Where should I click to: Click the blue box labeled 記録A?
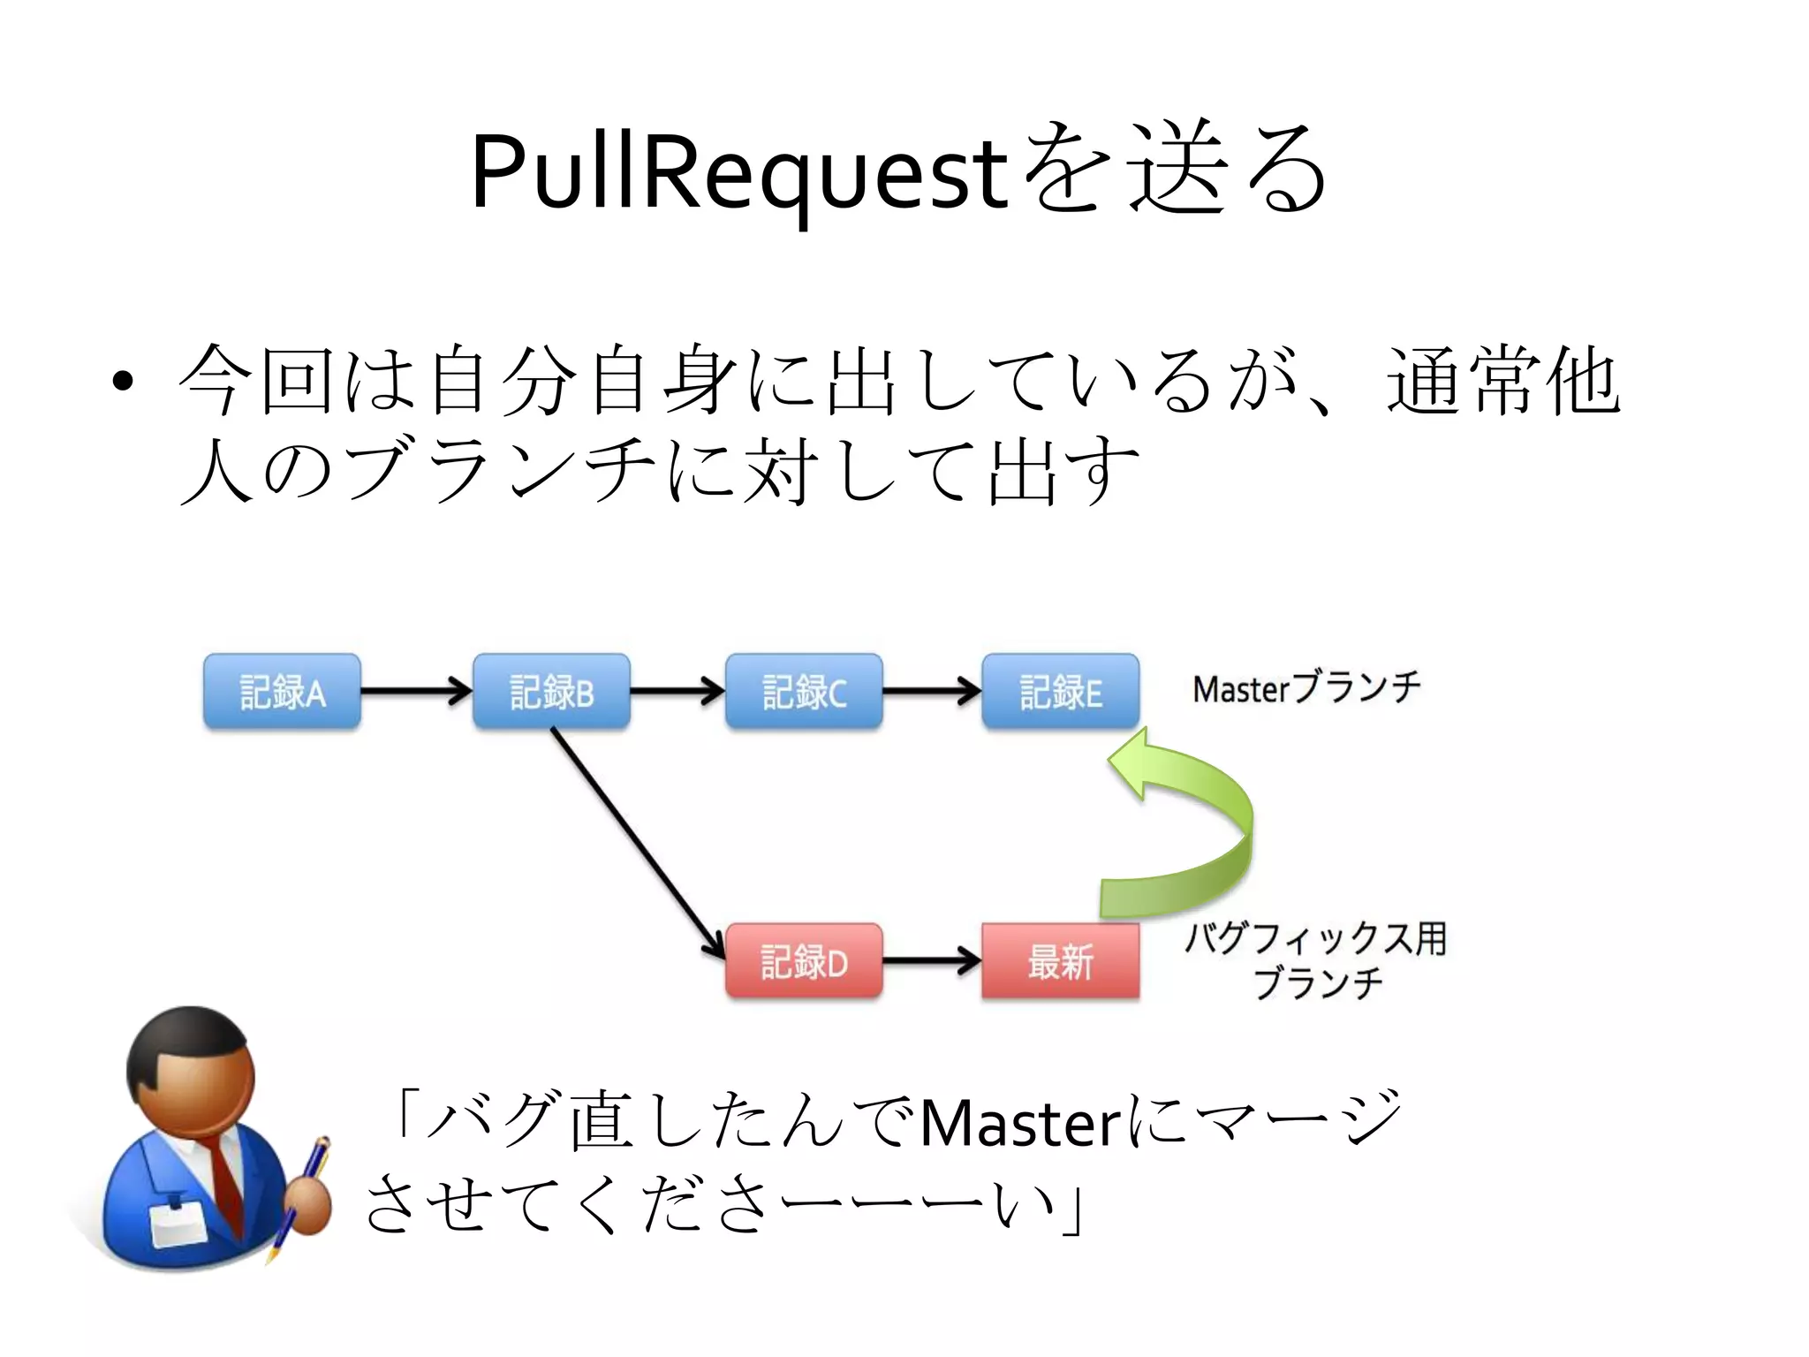click(x=282, y=692)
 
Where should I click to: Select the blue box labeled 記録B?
click(x=551, y=692)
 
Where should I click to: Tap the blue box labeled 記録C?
click(x=804, y=692)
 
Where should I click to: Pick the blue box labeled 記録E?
click(x=1060, y=692)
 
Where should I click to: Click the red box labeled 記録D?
click(x=804, y=961)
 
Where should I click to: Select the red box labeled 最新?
click(x=1060, y=961)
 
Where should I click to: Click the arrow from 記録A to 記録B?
click(x=415, y=691)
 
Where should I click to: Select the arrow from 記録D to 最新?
click(x=931, y=960)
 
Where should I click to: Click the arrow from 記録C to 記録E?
click(x=931, y=691)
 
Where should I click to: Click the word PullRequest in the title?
click(x=738, y=172)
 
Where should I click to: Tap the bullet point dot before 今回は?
click(x=123, y=383)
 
